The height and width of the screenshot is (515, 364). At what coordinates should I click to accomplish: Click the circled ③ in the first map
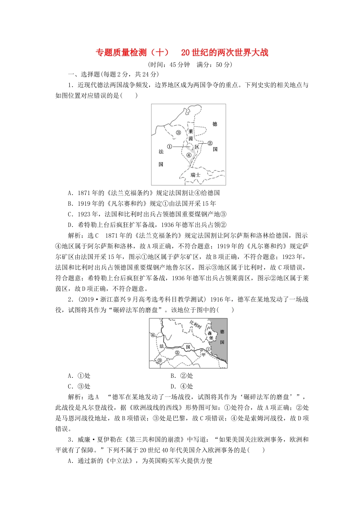(178, 133)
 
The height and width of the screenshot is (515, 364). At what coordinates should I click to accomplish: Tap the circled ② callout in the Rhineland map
(210, 143)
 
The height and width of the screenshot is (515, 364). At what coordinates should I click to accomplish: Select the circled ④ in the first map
(189, 155)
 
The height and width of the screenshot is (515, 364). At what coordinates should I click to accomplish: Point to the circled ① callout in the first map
(170, 146)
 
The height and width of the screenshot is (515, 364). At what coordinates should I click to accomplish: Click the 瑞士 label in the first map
(195, 175)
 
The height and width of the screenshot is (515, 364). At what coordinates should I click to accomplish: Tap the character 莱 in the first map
(190, 131)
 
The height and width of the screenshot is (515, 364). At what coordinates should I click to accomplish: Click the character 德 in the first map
(215, 124)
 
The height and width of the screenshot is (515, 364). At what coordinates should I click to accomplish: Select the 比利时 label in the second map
(195, 326)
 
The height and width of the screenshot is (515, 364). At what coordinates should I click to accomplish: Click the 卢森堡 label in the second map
(210, 333)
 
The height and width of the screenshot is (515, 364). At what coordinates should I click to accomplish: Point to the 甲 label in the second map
(203, 354)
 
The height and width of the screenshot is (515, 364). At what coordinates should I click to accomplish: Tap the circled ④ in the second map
(153, 335)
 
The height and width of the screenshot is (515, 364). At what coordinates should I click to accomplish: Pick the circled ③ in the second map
(159, 360)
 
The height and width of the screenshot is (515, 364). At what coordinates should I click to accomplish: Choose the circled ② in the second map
(177, 353)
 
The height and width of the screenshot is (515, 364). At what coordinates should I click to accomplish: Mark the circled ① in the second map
(208, 349)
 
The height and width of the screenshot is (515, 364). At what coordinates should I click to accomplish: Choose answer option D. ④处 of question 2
(182, 386)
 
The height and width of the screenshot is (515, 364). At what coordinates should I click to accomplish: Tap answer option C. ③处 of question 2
(79, 386)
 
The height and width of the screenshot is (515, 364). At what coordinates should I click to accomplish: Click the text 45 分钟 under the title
(180, 64)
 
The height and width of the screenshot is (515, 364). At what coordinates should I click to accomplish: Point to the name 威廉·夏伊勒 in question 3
(94, 440)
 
